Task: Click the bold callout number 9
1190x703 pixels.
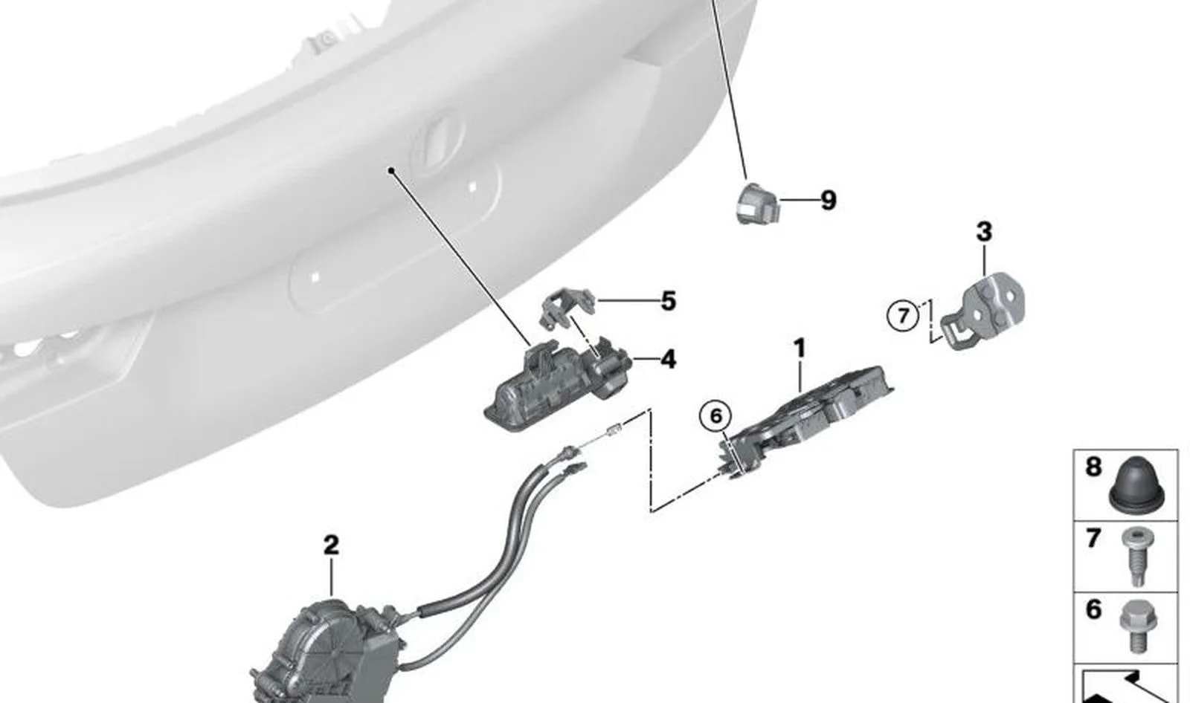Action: tap(829, 200)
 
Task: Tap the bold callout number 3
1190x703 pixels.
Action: tap(984, 232)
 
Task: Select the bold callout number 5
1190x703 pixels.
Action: tap(669, 301)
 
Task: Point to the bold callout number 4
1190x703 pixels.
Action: tap(669, 360)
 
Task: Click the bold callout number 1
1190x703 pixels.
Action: tap(800, 349)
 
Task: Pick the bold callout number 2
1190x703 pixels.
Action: tap(331, 545)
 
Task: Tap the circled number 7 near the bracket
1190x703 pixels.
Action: tap(903, 317)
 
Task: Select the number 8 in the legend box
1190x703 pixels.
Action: tap(1093, 467)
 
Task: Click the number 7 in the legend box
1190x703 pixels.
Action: tap(1093, 538)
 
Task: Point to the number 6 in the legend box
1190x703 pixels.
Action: tap(1093, 609)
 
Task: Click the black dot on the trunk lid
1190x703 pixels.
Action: tap(391, 170)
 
